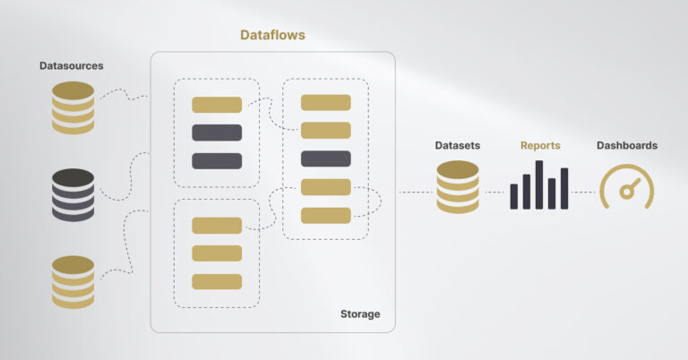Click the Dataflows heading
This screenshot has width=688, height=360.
[x=273, y=35]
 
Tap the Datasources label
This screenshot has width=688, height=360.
[x=72, y=66]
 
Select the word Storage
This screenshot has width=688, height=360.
[x=360, y=314]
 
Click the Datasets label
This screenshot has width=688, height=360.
[x=457, y=145]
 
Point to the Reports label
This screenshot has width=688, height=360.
[x=540, y=145]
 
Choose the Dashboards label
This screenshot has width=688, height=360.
[x=627, y=145]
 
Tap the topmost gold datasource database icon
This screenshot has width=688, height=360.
[x=73, y=107]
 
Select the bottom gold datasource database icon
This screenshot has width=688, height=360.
[x=73, y=281]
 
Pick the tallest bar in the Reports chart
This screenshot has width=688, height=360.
[x=539, y=185]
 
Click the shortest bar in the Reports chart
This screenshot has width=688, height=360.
[x=514, y=197]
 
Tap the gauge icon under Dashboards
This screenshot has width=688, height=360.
[x=626, y=186]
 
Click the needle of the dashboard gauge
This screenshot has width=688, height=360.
[x=629, y=189]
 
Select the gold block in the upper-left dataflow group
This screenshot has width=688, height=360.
[x=217, y=105]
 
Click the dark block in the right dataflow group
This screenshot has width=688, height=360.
[x=325, y=159]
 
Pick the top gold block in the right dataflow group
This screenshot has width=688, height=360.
[x=325, y=103]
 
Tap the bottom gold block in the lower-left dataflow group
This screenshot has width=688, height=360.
[x=217, y=281]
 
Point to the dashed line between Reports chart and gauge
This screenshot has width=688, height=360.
[x=584, y=192]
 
